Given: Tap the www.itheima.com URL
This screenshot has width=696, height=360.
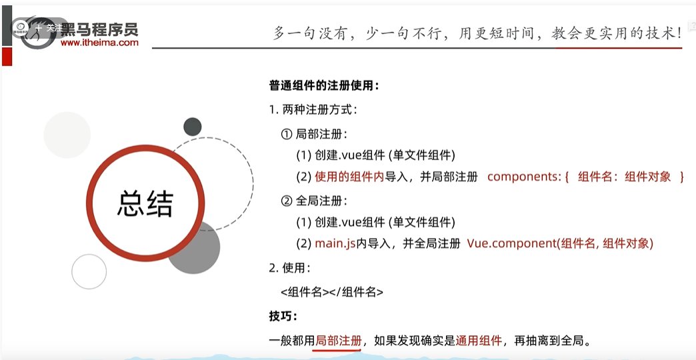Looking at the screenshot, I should [99, 43].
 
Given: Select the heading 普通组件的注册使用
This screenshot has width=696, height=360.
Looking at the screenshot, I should [324, 85].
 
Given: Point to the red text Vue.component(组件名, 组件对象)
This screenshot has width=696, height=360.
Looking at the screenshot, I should [560, 243].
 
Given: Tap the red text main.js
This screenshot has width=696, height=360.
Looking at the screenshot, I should [335, 243].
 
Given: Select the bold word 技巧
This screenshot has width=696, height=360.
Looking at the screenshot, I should [283, 316].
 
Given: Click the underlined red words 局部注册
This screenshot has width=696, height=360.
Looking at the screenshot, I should [339, 341].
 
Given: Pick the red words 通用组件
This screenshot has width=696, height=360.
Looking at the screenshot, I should [479, 341].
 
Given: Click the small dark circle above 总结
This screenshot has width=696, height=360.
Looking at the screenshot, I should [193, 126].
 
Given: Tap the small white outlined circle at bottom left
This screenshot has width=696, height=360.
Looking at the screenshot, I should [89, 271].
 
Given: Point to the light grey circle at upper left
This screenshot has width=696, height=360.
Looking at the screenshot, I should [67, 135].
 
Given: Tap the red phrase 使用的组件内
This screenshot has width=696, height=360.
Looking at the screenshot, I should [349, 177].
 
